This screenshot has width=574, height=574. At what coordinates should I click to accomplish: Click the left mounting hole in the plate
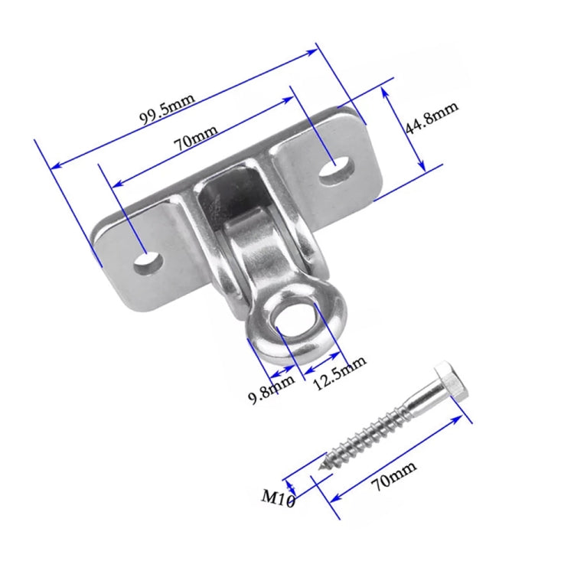point(148,263)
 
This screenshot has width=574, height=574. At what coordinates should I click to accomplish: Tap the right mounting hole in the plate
point(337,169)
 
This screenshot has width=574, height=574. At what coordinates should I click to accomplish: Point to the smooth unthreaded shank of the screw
point(417,406)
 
